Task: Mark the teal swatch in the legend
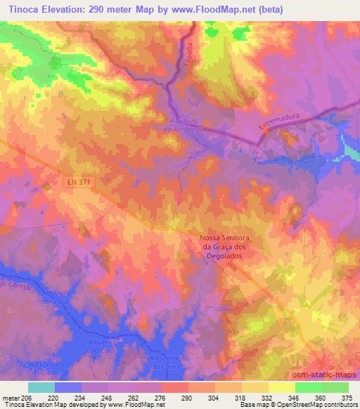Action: click(41, 387)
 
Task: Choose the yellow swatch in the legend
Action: click(281, 387)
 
